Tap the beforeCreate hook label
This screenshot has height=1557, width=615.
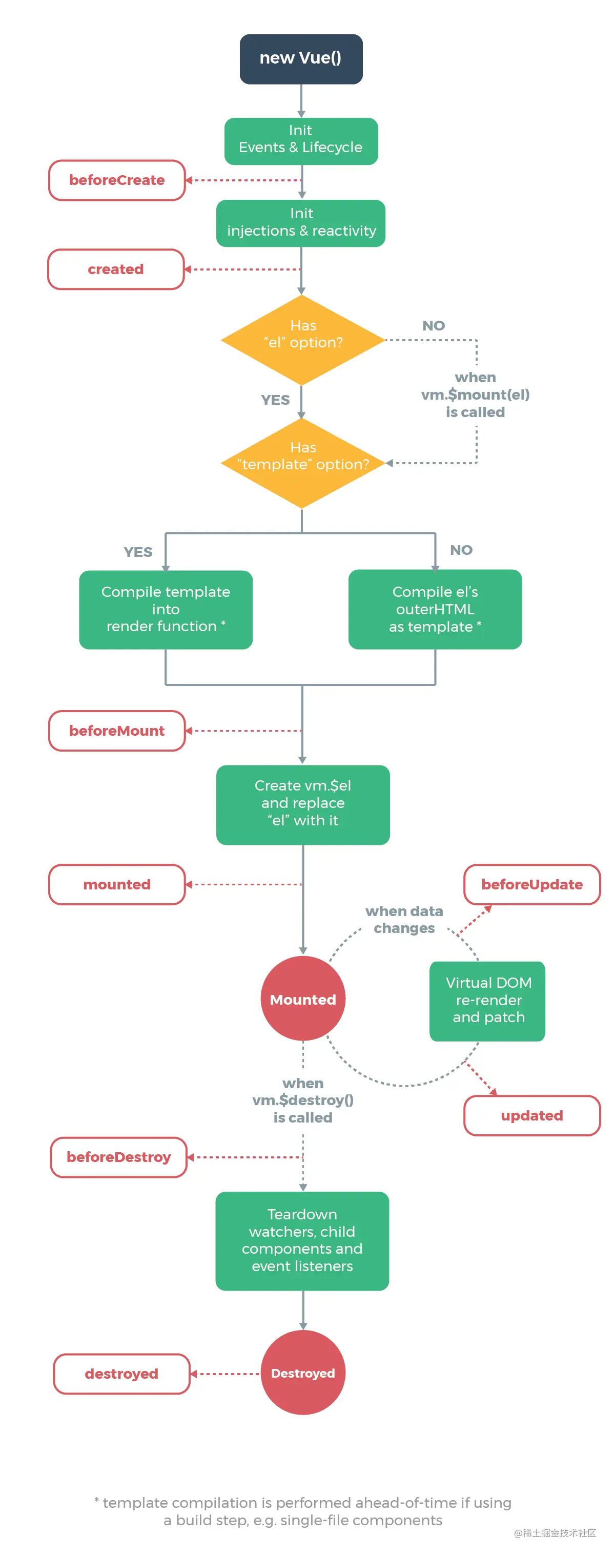pyautogui.click(x=117, y=180)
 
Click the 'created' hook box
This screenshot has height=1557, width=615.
pyautogui.click(x=115, y=269)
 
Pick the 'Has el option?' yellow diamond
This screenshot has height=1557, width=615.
pyautogui.click(x=302, y=339)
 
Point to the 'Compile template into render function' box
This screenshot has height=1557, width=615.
pyautogui.click(x=165, y=609)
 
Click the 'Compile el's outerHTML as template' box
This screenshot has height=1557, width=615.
pyautogui.click(x=434, y=609)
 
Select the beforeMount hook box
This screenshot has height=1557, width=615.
pyautogui.click(x=117, y=730)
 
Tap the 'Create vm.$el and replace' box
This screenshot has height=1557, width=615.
pyautogui.click(x=302, y=804)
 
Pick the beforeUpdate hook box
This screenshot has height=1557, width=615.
pyautogui.click(x=531, y=884)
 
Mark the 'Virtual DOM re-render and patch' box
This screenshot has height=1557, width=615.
pyautogui.click(x=487, y=1000)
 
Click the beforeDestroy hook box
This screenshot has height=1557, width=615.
pyautogui.click(x=118, y=1156)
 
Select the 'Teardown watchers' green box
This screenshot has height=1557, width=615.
pyautogui.click(x=302, y=1240)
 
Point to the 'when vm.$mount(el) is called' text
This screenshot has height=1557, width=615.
pyautogui.click(x=475, y=394)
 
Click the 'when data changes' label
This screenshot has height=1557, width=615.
pyautogui.click(x=404, y=919)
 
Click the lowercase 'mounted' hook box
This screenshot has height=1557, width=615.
pyautogui.click(x=117, y=884)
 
